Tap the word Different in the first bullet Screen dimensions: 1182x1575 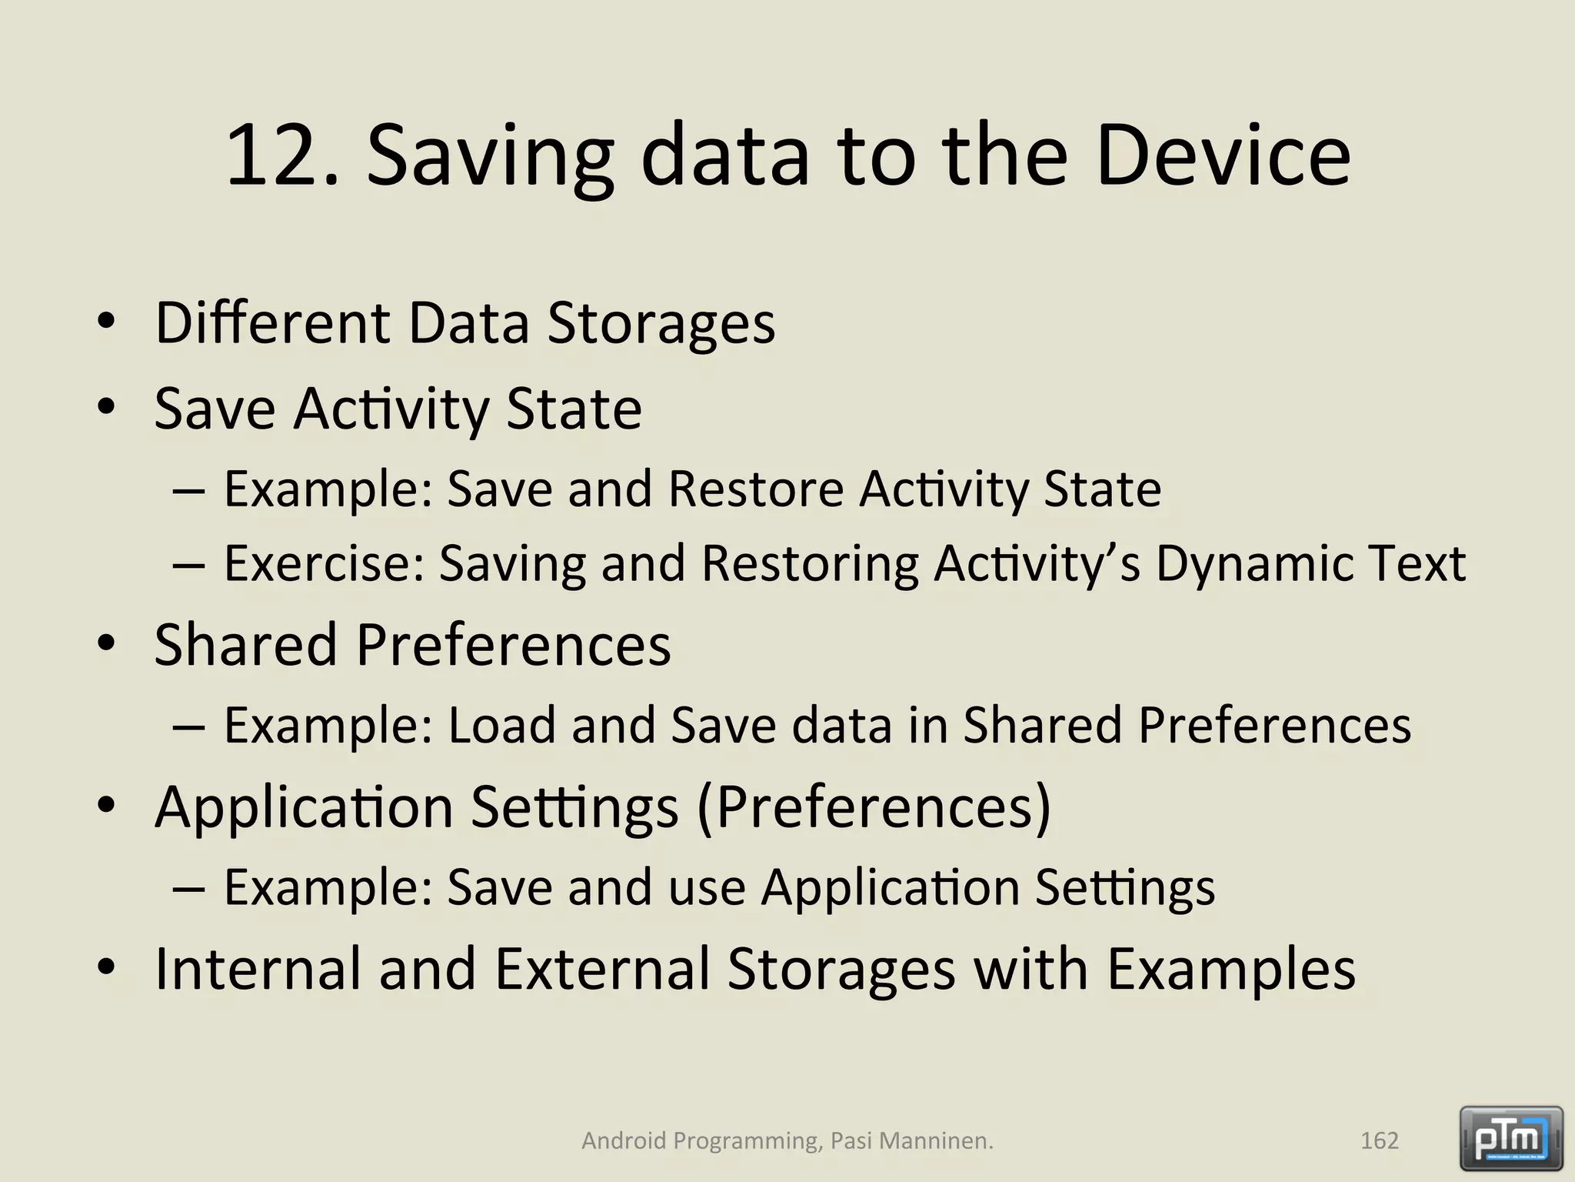tap(272, 322)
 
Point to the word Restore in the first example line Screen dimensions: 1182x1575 tap(757, 489)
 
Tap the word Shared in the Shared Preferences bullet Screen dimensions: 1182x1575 tap(245, 644)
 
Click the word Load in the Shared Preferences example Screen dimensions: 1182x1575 tap(501, 725)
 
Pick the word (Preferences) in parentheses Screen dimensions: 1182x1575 tap(873, 807)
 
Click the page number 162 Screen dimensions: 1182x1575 tap(1379, 1140)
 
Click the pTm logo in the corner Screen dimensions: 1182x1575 tap(1510, 1138)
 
